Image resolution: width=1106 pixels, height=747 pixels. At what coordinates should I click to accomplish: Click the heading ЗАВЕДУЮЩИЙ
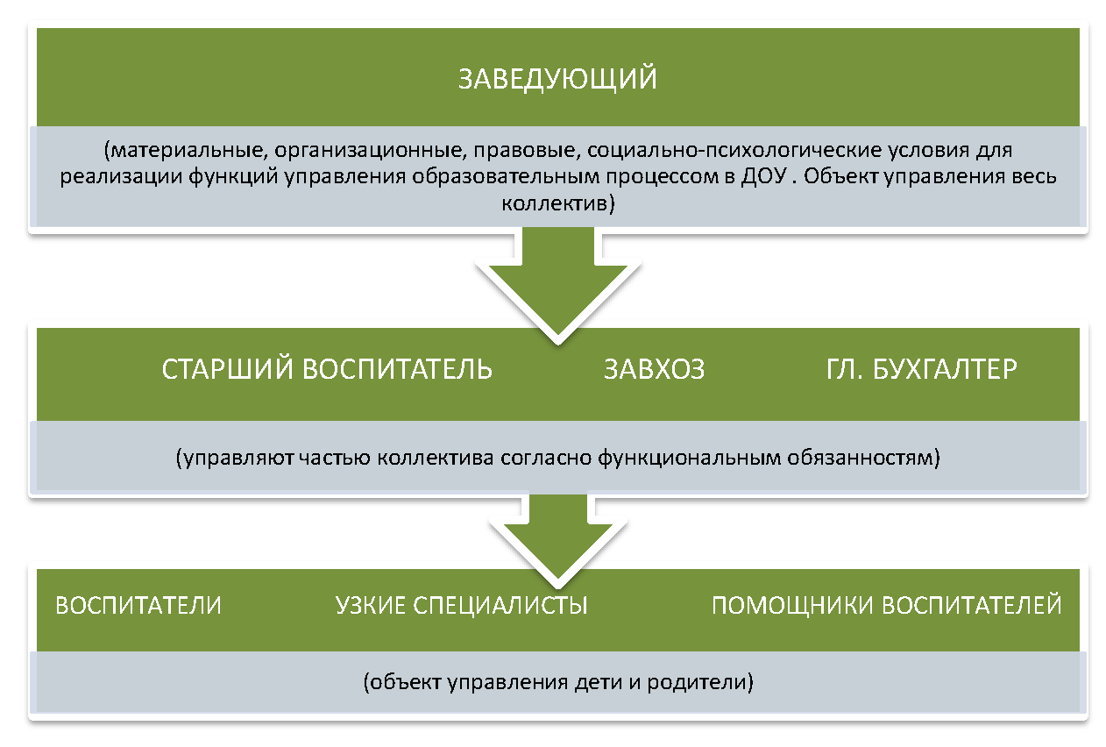(x=557, y=79)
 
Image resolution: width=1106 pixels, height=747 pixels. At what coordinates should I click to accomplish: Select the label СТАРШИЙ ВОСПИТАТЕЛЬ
(x=327, y=369)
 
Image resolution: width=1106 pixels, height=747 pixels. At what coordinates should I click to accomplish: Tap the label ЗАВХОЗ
(x=654, y=369)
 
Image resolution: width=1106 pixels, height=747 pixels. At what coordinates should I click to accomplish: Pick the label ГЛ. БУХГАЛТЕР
(x=921, y=369)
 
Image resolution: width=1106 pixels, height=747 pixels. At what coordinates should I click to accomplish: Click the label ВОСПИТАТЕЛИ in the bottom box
(x=138, y=605)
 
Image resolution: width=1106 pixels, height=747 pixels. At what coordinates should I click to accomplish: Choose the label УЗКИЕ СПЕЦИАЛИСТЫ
(x=461, y=605)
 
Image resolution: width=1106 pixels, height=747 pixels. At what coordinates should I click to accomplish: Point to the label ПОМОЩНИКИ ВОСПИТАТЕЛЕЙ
(x=886, y=605)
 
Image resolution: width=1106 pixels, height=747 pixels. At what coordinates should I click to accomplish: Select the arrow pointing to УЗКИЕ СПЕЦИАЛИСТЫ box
(x=558, y=538)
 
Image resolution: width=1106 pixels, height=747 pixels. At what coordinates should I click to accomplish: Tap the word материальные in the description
(x=186, y=150)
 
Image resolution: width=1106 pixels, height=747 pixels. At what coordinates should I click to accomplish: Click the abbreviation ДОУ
(x=763, y=176)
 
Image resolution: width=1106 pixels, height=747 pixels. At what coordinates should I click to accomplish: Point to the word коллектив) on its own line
(x=558, y=203)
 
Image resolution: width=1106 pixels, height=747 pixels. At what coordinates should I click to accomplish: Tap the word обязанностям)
(x=863, y=458)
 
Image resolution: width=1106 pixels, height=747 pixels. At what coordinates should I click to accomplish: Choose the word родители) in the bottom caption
(x=700, y=682)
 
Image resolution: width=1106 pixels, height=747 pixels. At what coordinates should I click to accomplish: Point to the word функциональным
(x=689, y=458)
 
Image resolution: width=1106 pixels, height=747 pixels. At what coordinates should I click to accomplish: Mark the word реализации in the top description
(x=121, y=177)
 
